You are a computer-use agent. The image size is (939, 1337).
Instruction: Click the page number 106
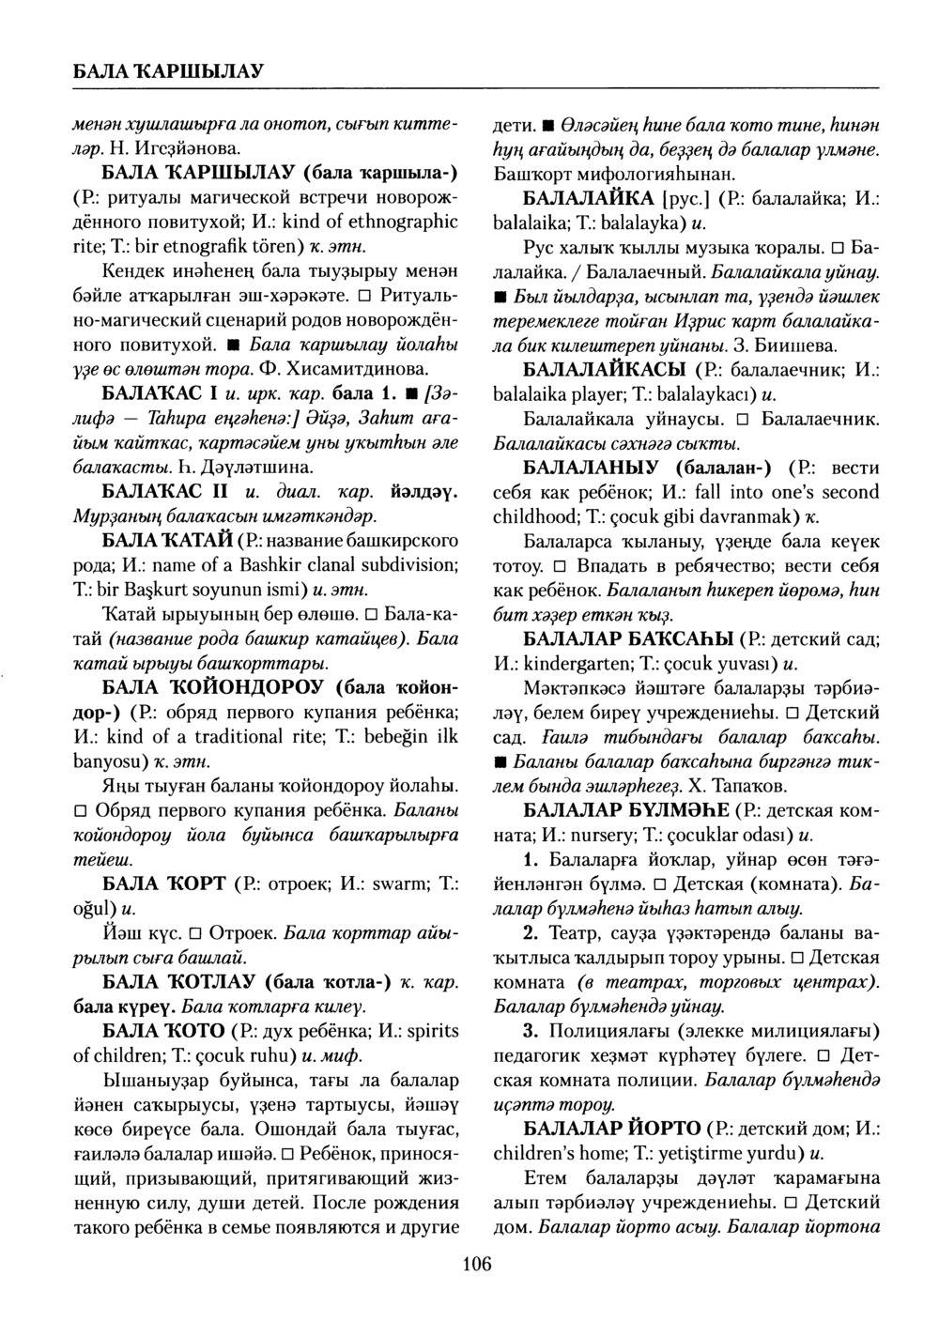(477, 1264)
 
